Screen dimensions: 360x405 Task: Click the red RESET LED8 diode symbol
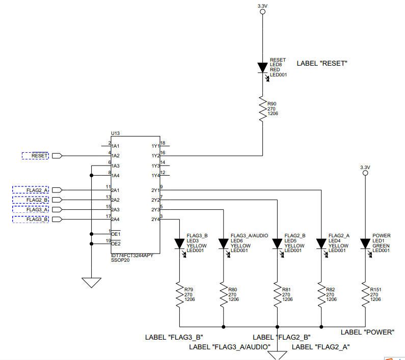(x=262, y=67)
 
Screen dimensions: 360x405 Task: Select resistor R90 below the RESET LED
(x=262, y=109)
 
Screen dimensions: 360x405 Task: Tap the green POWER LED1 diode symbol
(x=365, y=243)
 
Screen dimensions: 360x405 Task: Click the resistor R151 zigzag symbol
(x=365, y=295)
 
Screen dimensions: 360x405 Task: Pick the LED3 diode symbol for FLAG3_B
(x=179, y=243)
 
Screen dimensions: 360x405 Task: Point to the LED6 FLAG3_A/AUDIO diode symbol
(x=223, y=243)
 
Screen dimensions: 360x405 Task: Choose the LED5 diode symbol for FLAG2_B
(x=277, y=243)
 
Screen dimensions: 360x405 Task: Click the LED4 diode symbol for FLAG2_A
(x=321, y=243)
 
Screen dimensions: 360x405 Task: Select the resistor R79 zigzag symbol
(x=179, y=295)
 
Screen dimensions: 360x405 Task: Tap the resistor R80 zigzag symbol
(x=223, y=295)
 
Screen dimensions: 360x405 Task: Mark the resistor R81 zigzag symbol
(x=277, y=295)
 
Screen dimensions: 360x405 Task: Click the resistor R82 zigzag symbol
(x=321, y=295)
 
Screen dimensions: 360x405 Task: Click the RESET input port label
(x=36, y=156)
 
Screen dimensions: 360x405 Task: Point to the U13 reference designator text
(x=115, y=133)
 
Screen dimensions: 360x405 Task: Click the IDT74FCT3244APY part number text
(x=132, y=255)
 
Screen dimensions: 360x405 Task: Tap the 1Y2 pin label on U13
(x=155, y=156)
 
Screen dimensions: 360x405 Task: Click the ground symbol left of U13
(x=91, y=282)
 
